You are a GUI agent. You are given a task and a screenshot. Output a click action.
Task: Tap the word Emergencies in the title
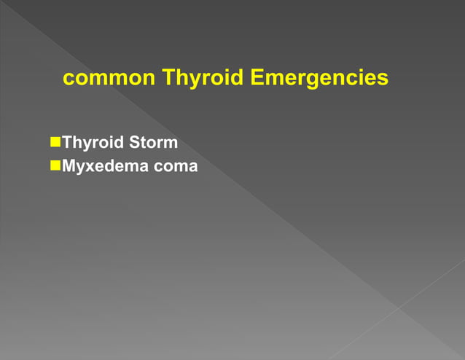pos(319,78)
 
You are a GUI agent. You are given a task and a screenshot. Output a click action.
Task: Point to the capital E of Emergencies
pos(257,77)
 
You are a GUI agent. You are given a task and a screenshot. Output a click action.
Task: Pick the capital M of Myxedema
pos(70,166)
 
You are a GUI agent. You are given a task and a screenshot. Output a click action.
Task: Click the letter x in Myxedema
pos(90,167)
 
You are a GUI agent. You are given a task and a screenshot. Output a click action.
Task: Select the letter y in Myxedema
pos(82,168)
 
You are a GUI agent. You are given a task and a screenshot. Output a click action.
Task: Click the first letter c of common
pos(69,79)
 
